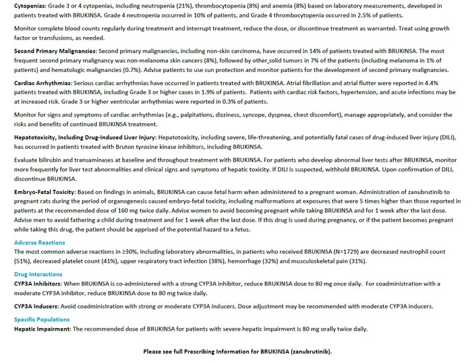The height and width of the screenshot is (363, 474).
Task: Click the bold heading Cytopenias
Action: coord(28,4)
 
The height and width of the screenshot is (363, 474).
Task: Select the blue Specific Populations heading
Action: coord(41,319)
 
